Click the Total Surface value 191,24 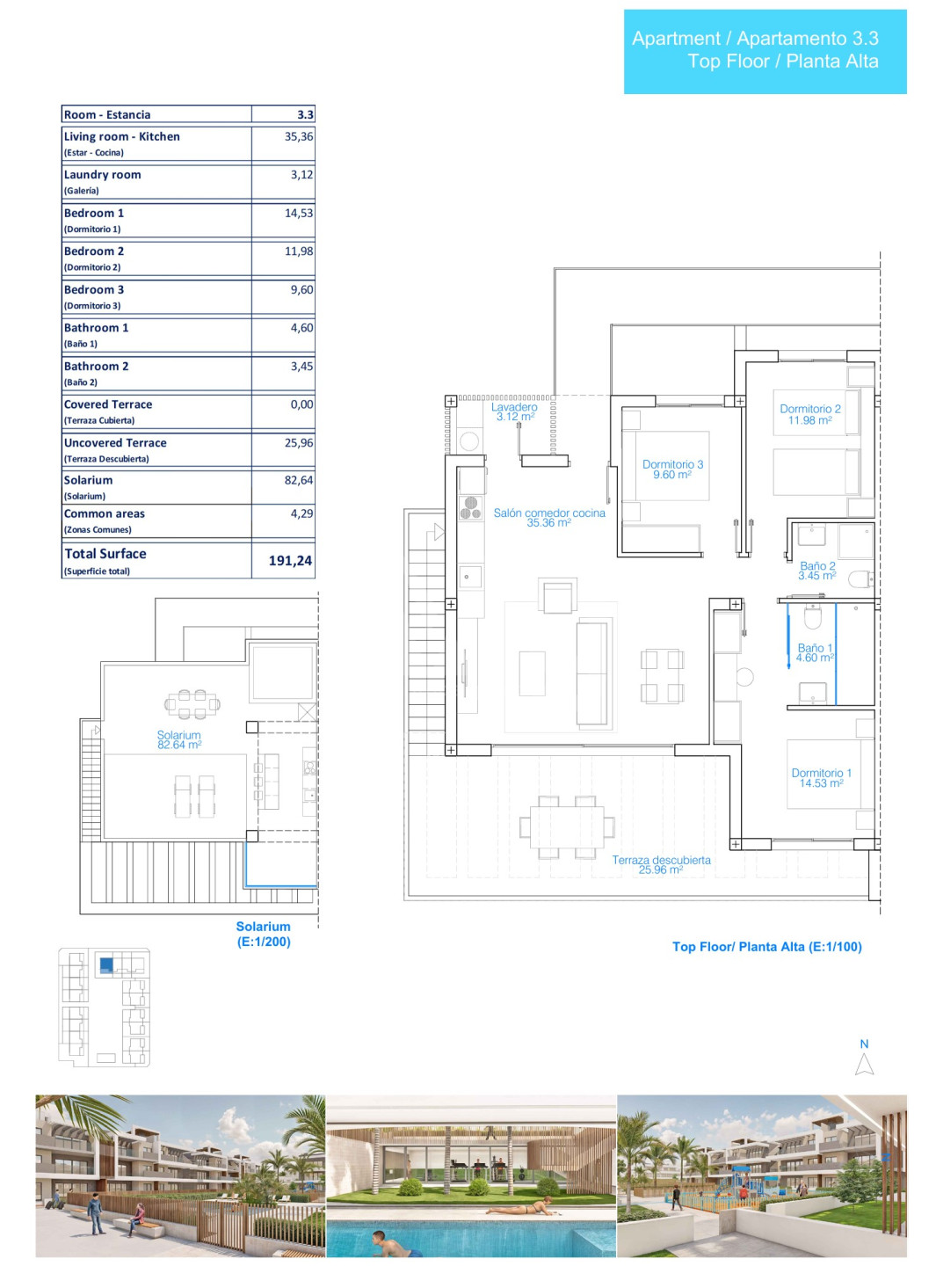[x=290, y=560]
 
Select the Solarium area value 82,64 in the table [x=299, y=479]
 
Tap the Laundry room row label [x=102, y=175]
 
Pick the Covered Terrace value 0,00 [x=301, y=404]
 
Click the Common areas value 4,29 [x=301, y=513]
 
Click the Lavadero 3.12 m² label [x=514, y=411]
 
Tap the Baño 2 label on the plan [x=817, y=570]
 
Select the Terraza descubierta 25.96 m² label [x=661, y=864]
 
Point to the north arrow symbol [x=864, y=1064]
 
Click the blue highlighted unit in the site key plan [x=106, y=964]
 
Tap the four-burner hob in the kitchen [x=470, y=507]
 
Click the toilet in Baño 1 [x=811, y=616]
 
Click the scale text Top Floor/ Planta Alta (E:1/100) [x=766, y=946]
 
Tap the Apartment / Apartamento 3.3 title [x=754, y=38]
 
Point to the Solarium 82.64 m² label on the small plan [x=178, y=739]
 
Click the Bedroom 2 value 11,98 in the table [x=299, y=251]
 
